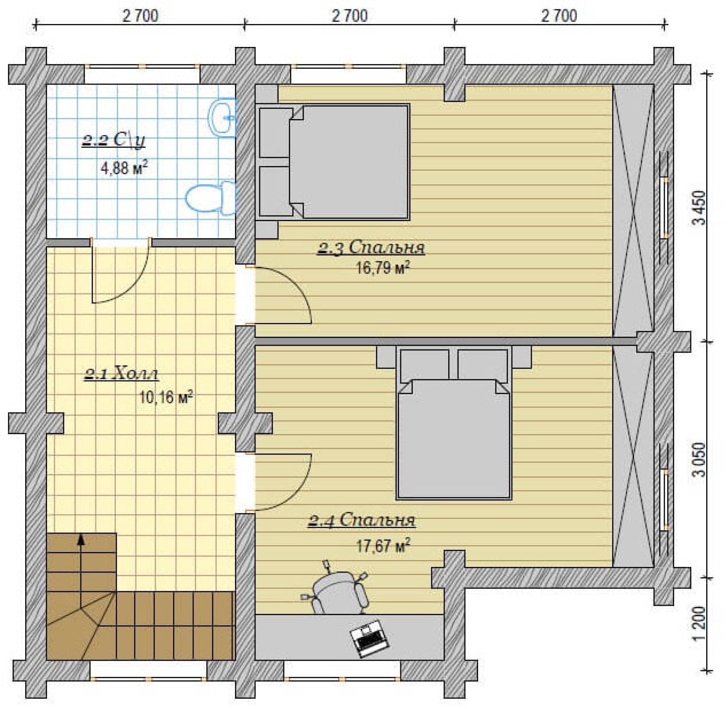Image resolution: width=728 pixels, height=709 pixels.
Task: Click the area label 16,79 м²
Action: click(383, 268)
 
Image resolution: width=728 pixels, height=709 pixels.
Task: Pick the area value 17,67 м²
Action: click(383, 545)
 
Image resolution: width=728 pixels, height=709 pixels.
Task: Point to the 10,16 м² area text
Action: click(166, 397)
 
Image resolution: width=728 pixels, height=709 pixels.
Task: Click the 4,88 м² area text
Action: click(124, 168)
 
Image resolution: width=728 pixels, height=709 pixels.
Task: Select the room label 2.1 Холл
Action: click(122, 374)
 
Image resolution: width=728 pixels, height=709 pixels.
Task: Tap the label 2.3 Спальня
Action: click(371, 248)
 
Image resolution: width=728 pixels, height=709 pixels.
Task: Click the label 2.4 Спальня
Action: click(361, 520)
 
